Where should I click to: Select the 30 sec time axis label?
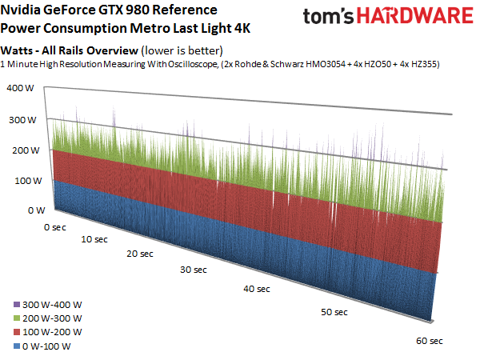click(x=190, y=270)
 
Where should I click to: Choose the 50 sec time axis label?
click(x=330, y=311)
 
